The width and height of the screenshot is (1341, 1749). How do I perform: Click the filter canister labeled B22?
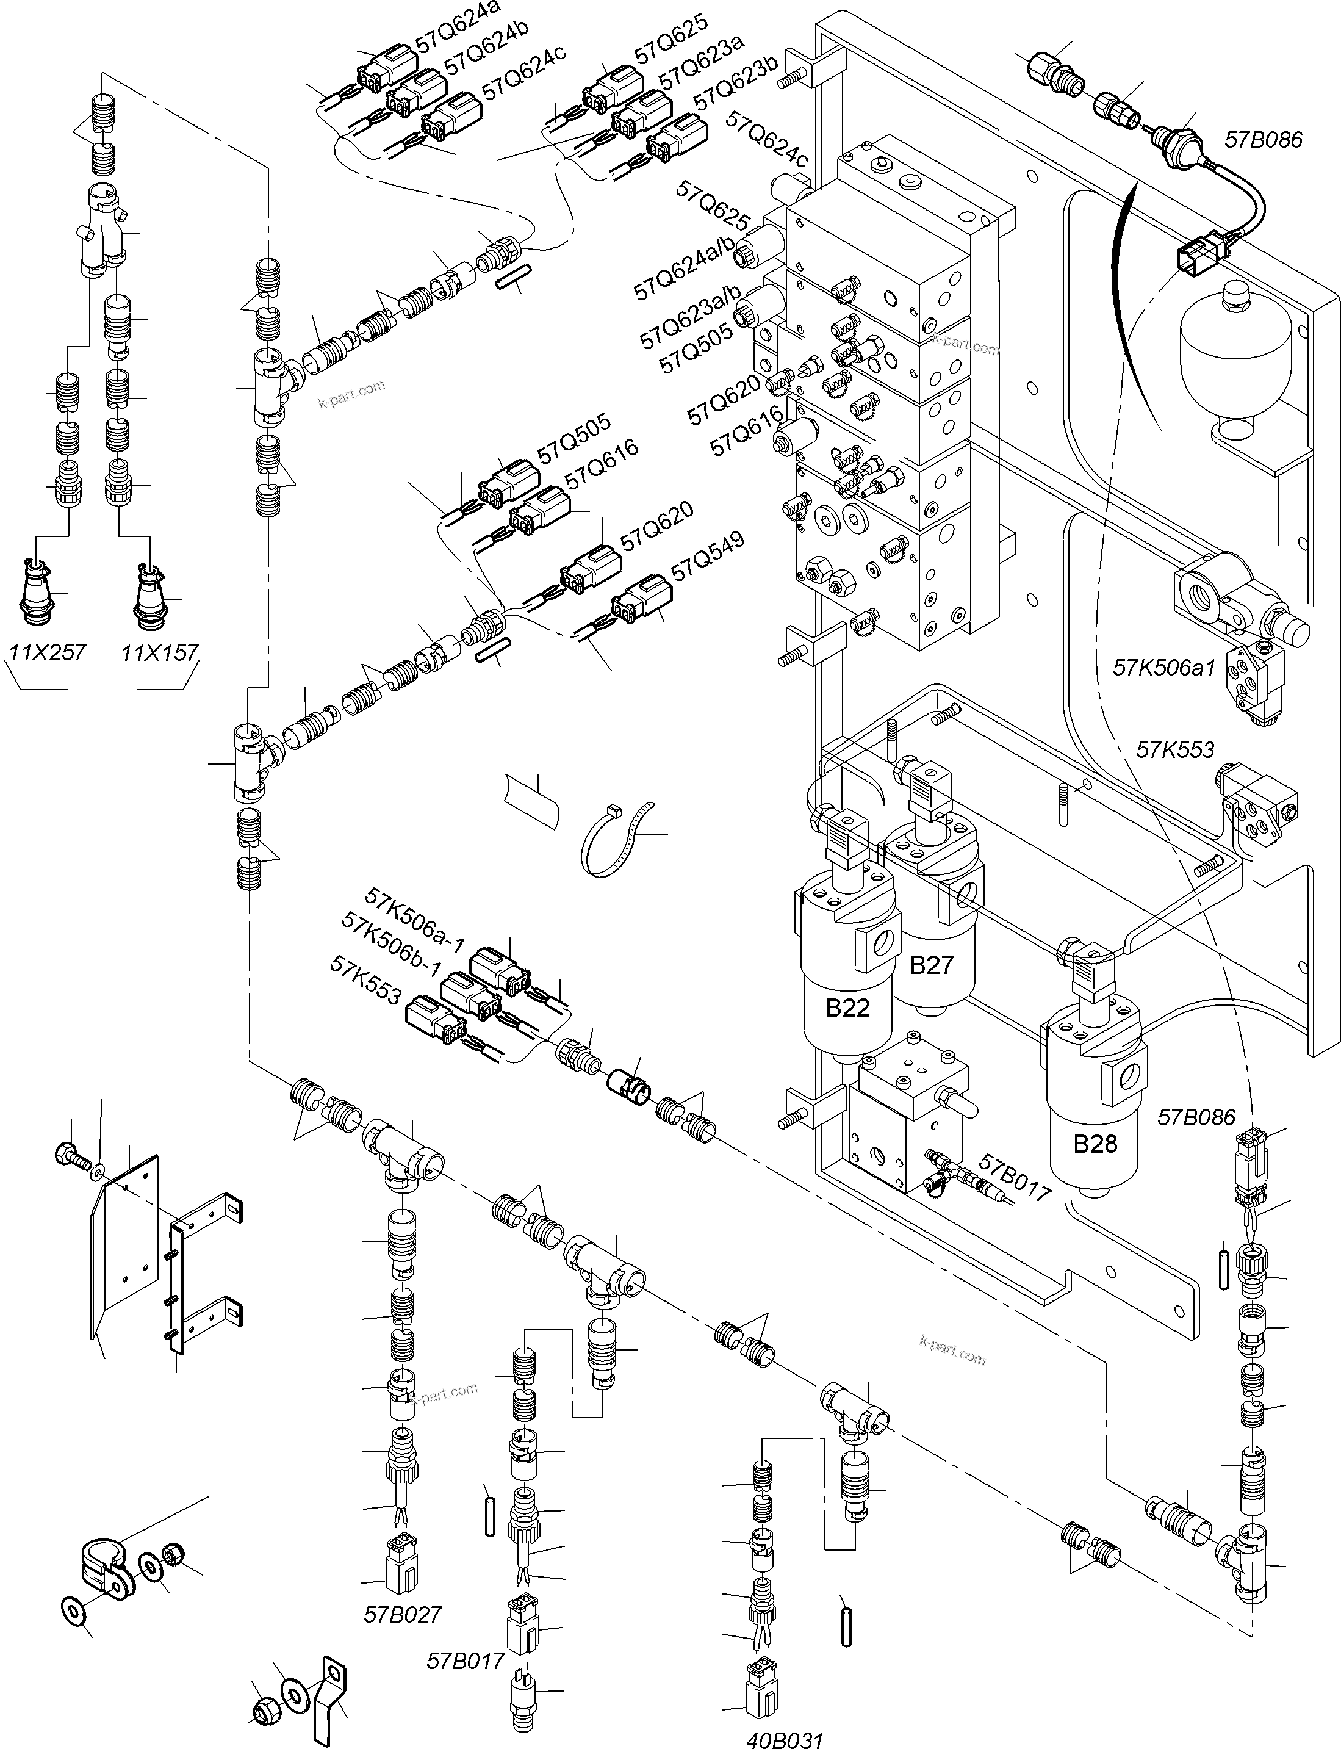click(x=847, y=990)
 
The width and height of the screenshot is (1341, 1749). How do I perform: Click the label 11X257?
click(x=47, y=653)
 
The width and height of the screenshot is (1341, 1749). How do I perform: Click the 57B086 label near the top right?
click(x=1263, y=140)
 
